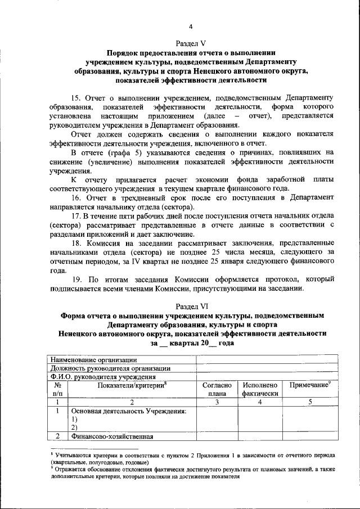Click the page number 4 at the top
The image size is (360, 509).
click(x=191, y=27)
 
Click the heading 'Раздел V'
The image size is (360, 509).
click(x=191, y=43)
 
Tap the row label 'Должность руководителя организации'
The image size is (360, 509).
click(x=110, y=368)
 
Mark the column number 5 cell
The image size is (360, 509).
click(x=310, y=402)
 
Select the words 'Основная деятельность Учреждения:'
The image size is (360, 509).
click(x=129, y=411)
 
